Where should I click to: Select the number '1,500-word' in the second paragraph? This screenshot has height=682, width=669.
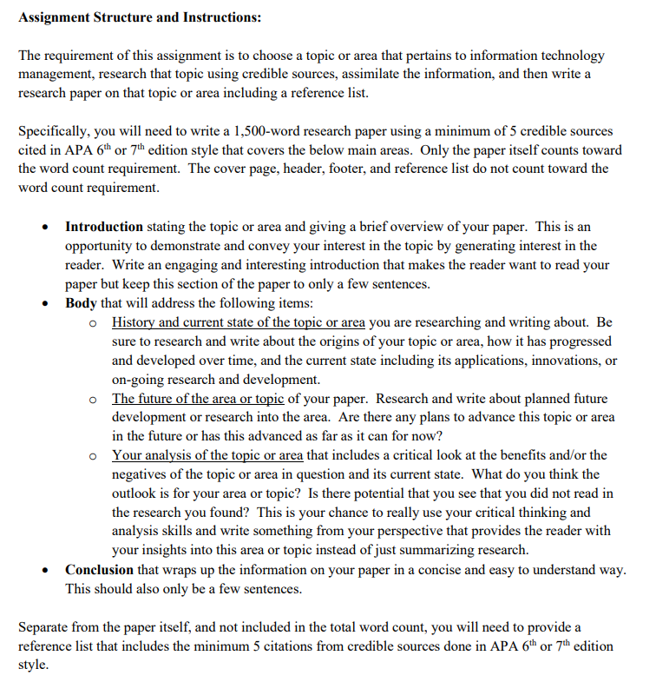(268, 131)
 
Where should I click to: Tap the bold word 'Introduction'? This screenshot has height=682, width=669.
(104, 227)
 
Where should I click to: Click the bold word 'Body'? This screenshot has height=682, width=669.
(81, 303)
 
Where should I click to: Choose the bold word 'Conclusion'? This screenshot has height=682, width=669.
(99, 569)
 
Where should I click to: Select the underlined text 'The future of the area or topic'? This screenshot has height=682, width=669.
(198, 399)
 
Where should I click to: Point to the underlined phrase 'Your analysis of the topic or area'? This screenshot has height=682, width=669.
(207, 455)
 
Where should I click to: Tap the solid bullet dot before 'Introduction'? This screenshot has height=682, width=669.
(45, 228)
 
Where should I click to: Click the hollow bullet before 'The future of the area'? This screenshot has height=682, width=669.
(93, 400)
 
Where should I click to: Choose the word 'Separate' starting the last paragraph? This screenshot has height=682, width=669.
(44, 626)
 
